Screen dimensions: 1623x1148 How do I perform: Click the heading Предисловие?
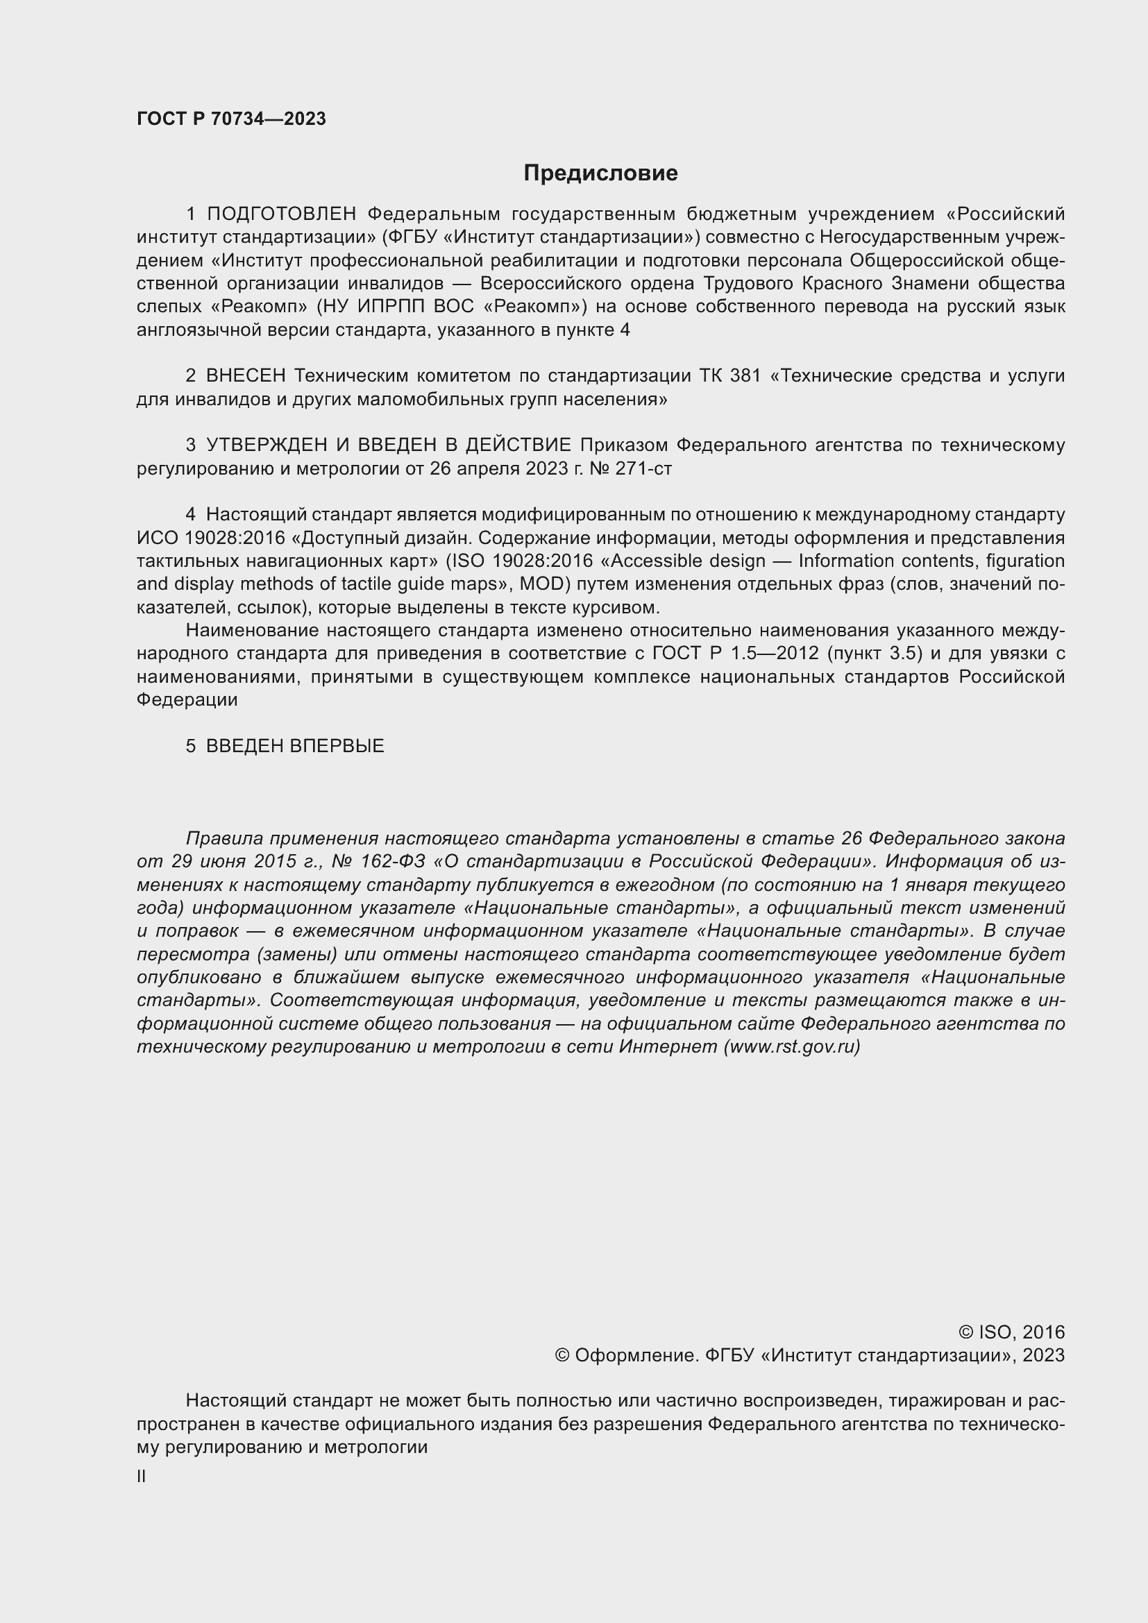coord(600,173)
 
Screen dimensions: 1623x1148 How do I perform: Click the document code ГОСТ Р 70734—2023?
coord(231,119)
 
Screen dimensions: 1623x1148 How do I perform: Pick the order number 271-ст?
coord(643,468)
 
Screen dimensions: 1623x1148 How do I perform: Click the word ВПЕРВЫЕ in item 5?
coord(338,746)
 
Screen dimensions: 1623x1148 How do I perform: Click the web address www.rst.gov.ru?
coord(792,1047)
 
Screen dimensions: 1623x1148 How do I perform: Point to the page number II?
coord(142,1477)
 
